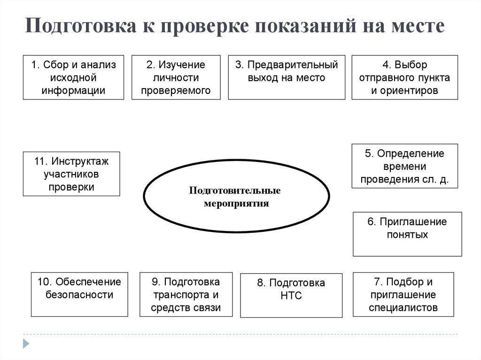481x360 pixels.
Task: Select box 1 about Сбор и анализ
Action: (x=73, y=77)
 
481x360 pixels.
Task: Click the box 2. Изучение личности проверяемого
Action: (x=176, y=77)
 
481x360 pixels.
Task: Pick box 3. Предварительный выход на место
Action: (x=287, y=77)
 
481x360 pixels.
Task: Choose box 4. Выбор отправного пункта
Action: (x=404, y=77)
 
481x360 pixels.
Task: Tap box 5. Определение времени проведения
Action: (x=404, y=166)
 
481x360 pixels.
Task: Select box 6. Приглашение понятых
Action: (x=407, y=234)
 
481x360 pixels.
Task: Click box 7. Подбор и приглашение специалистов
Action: (x=403, y=295)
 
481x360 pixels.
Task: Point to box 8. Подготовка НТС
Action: (x=291, y=295)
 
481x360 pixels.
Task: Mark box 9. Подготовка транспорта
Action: (x=186, y=295)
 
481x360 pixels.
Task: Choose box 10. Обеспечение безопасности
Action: (x=79, y=294)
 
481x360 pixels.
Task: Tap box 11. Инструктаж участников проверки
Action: (x=71, y=174)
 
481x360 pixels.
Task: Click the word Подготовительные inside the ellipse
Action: (x=235, y=191)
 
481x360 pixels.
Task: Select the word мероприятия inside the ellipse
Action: (x=236, y=204)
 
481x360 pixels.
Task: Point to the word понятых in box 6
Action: (x=407, y=234)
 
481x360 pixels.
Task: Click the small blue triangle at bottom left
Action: (x=27, y=343)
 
